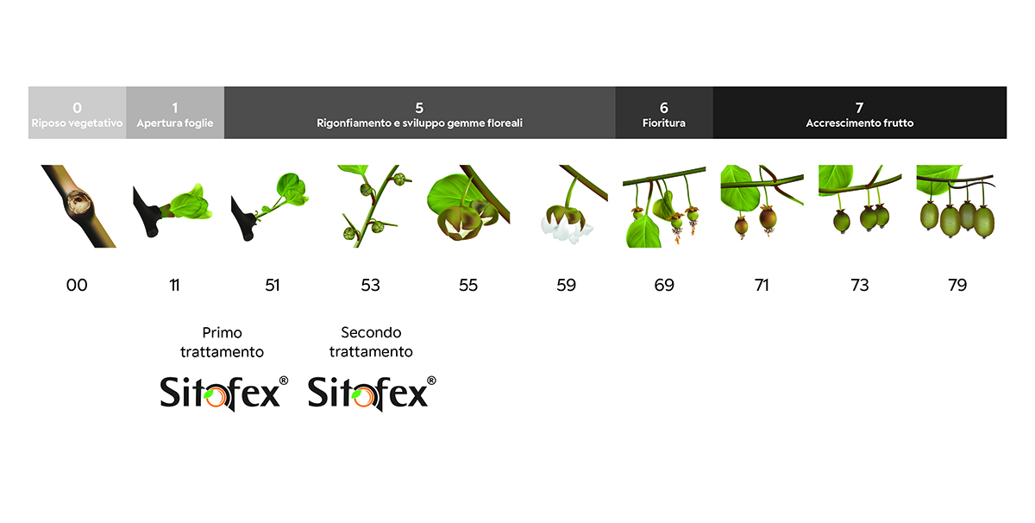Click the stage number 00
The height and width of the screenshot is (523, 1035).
click(x=77, y=285)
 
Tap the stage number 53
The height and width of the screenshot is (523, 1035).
click(x=371, y=285)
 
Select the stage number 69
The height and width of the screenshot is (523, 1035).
click(x=664, y=285)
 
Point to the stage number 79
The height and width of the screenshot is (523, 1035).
click(x=957, y=285)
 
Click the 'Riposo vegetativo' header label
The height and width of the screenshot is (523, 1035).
click(x=77, y=123)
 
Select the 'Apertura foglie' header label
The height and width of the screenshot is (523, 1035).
click(x=175, y=123)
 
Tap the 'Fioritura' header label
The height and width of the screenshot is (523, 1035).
click(x=664, y=123)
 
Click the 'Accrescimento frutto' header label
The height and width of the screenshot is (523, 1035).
click(x=859, y=123)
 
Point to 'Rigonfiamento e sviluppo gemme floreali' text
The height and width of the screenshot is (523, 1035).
click(x=419, y=123)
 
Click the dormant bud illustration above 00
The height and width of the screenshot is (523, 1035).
click(x=78, y=206)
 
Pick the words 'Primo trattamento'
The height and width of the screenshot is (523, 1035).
click(x=222, y=342)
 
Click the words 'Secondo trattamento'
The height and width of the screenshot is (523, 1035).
click(x=371, y=342)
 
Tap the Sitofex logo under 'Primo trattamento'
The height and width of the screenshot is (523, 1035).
click(x=224, y=394)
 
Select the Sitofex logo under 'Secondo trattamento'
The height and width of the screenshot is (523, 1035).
click(x=372, y=394)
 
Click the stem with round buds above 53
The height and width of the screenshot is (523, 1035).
click(x=374, y=206)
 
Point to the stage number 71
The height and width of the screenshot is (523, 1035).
click(x=762, y=285)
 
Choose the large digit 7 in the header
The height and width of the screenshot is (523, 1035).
click(x=859, y=108)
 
